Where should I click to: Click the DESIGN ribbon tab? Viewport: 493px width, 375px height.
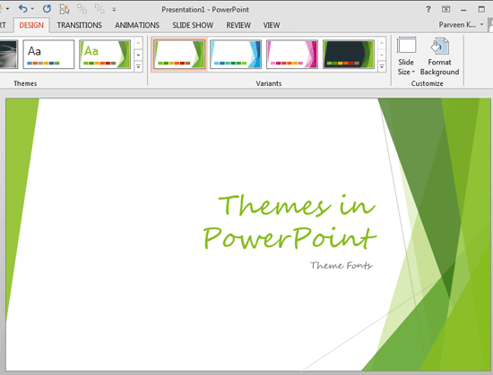click(32, 26)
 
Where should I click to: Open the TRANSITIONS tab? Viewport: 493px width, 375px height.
click(80, 26)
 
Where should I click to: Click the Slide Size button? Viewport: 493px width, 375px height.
click(406, 55)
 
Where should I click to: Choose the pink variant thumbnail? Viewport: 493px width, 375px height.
click(291, 54)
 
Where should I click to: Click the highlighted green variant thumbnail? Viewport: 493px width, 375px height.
click(177, 54)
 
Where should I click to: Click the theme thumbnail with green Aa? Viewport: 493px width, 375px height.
click(104, 54)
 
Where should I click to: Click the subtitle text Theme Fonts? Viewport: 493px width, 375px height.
click(341, 265)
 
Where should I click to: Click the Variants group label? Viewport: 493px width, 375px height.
click(268, 83)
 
